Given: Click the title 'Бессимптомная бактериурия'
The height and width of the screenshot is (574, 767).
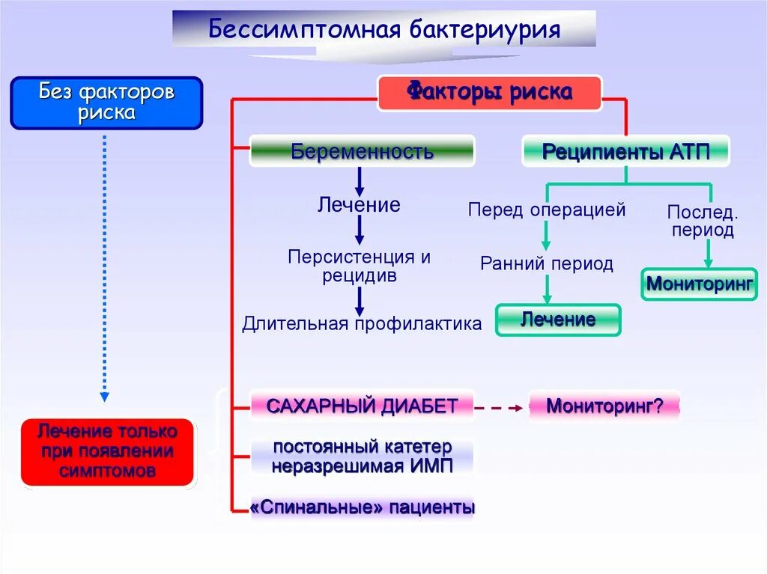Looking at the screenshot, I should point(384,30).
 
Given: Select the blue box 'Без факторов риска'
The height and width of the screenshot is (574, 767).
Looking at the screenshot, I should point(106,103).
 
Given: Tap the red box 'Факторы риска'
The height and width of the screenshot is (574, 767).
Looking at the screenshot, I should point(489,93).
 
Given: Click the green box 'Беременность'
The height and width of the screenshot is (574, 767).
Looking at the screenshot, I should point(362,151).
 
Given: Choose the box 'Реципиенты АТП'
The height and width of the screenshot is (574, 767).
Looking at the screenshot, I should point(625,152).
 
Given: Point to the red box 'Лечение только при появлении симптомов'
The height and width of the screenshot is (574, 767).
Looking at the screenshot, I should point(108,451).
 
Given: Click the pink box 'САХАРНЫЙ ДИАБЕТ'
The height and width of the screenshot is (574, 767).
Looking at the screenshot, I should point(362,406).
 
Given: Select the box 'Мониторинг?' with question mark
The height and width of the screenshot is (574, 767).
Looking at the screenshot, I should point(604,406).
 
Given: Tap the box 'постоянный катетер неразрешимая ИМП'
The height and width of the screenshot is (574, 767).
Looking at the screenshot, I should point(363,457).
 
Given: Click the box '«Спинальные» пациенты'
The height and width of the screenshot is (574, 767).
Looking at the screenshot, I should point(363,507).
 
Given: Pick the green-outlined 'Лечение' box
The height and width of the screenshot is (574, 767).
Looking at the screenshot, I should point(558,320).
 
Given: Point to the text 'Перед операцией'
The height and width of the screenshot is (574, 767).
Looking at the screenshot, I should point(547,210).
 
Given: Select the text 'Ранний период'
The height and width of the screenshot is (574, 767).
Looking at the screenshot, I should point(547,263).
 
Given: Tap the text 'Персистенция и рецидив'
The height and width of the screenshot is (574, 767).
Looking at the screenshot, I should point(360,266).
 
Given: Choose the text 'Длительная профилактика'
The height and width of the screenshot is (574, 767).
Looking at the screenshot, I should point(362,323).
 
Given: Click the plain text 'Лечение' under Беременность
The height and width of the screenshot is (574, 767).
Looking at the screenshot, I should point(359,204).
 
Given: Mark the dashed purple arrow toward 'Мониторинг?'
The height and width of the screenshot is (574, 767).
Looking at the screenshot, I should point(499,408).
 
